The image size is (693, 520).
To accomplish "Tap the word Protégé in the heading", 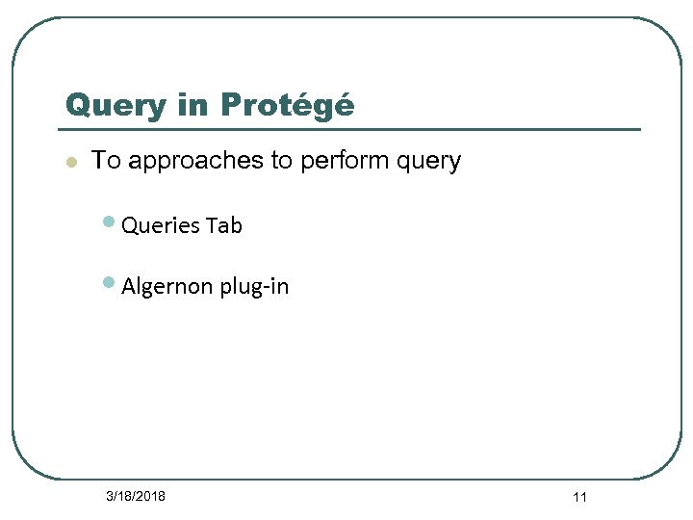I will [x=287, y=104].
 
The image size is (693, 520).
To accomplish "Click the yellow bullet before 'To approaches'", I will [x=70, y=162].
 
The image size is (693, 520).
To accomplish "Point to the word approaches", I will [x=196, y=162].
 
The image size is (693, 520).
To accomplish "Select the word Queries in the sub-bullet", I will [x=160, y=226].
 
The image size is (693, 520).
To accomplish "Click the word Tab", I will [x=223, y=226].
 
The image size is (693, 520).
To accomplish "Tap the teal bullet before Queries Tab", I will [x=110, y=222].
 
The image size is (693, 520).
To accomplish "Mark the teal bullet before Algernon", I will [x=110, y=283].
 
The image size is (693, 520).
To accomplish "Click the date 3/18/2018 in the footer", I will [x=136, y=496].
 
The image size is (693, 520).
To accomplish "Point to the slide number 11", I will [x=579, y=497].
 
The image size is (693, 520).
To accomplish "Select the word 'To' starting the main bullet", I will [x=106, y=161].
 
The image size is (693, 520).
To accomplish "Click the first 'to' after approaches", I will [x=282, y=161].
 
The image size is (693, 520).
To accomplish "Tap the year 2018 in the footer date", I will [x=150, y=496].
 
